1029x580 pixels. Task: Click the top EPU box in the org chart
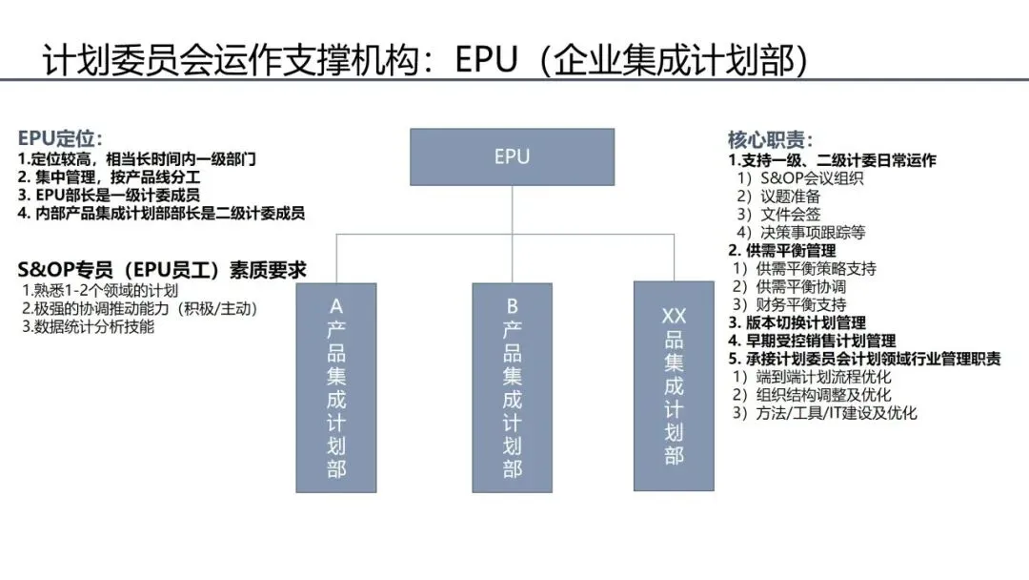click(512, 156)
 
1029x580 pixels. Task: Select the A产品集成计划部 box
click(335, 386)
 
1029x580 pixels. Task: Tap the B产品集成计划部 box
click(512, 386)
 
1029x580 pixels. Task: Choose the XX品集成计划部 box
click(673, 385)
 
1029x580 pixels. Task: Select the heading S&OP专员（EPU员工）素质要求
click(162, 270)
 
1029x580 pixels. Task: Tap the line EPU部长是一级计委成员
click(110, 196)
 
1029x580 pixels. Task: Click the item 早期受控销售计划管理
click(813, 341)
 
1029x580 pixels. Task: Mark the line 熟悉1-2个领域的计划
click(99, 290)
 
